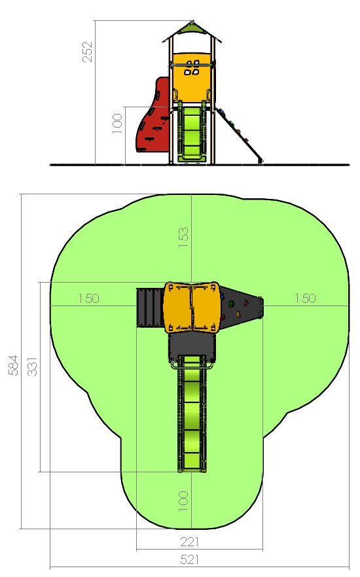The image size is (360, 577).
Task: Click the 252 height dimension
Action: (x=88, y=51)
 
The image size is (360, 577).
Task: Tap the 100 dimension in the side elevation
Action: (x=117, y=123)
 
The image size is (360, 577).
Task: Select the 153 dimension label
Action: (x=183, y=237)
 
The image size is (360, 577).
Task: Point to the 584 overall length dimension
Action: (x=13, y=365)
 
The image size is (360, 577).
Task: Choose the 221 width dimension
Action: (x=190, y=542)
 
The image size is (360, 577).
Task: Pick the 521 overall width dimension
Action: (x=190, y=559)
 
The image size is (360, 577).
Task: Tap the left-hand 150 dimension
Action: (x=89, y=298)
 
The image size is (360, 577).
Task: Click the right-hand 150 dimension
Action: (x=306, y=298)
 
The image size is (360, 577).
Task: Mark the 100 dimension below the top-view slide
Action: (x=183, y=501)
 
